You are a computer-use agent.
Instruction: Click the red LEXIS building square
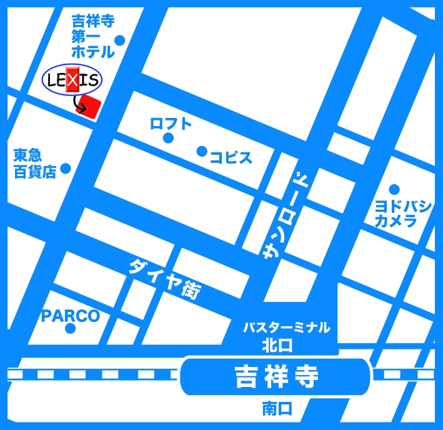[91, 106]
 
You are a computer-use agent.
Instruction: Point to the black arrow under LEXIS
[79, 105]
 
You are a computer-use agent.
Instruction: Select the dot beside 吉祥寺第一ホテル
[119, 41]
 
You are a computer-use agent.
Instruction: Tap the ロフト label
[171, 124]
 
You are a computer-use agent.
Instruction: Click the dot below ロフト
[167, 138]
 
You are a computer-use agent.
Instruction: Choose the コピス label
[231, 157]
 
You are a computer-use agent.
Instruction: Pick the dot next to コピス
[202, 151]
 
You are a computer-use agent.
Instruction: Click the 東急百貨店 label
[35, 164]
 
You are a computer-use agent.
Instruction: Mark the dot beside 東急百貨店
[65, 168]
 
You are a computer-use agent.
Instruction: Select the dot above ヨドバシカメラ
[394, 189]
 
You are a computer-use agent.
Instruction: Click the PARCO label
[71, 316]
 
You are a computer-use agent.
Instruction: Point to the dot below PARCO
[71, 329]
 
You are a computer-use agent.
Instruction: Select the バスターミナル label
[286, 328]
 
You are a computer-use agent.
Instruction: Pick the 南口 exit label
[277, 409]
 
